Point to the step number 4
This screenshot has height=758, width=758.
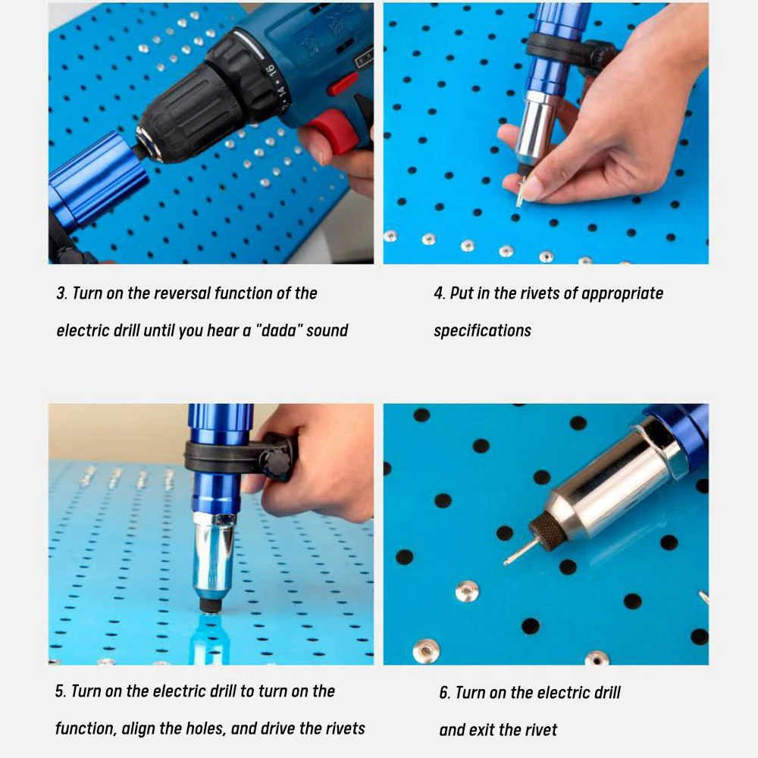pyautogui.click(x=440, y=293)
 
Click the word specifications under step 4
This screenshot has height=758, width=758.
pyautogui.click(x=482, y=331)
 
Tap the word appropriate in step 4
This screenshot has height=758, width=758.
pyautogui.click(x=622, y=294)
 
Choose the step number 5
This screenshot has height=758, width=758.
pyautogui.click(x=61, y=691)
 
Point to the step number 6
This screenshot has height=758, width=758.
pyautogui.click(x=445, y=693)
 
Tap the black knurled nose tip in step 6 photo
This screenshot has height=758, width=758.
pyautogui.click(x=548, y=533)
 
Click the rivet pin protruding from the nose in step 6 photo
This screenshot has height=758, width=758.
pyautogui.click(x=521, y=551)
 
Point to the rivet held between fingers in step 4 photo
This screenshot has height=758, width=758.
pyautogui.click(x=520, y=193)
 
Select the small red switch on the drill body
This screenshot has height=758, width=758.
pyautogui.click(x=343, y=84)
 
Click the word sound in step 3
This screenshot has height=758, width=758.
pyautogui.click(x=327, y=330)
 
